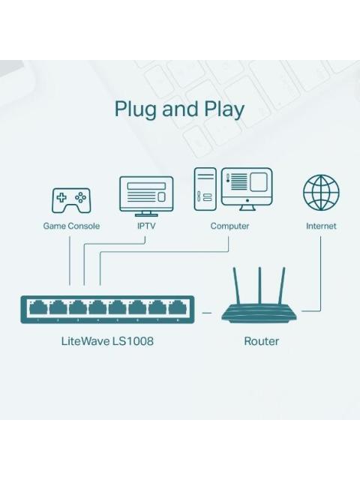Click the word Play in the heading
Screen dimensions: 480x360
(x=224, y=109)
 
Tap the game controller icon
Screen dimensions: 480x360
(x=70, y=200)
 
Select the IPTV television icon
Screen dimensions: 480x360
(x=146, y=194)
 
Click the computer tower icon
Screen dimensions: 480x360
(x=205, y=189)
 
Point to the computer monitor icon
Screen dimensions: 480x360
(x=247, y=187)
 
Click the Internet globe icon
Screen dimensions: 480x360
(x=321, y=193)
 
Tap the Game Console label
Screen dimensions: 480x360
(x=71, y=226)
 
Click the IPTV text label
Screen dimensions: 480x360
(x=146, y=226)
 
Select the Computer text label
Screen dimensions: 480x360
(x=229, y=226)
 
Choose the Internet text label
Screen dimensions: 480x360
(x=321, y=226)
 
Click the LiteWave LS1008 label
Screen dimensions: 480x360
(x=107, y=341)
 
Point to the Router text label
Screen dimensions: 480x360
(x=261, y=341)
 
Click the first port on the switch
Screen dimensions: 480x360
(x=37, y=307)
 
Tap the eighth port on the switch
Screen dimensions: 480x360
(x=177, y=307)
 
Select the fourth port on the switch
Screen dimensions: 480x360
(x=97, y=307)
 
